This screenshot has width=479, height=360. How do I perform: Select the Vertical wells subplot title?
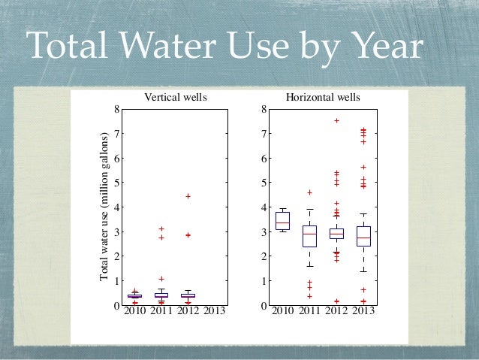click(175, 98)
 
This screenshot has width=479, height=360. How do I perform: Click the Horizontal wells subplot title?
click(323, 98)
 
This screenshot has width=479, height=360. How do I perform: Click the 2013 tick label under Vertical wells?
click(215, 311)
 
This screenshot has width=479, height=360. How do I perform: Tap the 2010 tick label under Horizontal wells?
click(282, 311)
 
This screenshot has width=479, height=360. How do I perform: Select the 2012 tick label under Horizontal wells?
click(336, 311)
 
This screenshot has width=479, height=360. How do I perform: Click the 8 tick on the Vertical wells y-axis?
click(116, 110)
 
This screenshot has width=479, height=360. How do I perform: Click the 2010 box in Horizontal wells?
click(282, 220)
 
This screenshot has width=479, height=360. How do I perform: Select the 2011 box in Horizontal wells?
click(309, 235)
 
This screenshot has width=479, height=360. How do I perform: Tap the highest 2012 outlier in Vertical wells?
click(188, 196)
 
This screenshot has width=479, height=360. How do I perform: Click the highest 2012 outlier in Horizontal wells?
click(336, 120)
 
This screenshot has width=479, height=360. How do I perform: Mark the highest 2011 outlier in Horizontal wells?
click(309, 192)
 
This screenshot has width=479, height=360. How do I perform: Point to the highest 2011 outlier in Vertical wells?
click(161, 228)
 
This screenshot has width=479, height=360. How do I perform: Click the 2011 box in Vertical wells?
click(161, 295)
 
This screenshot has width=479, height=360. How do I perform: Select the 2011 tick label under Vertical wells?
click(161, 311)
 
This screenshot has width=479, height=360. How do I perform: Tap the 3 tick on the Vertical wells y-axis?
click(116, 232)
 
